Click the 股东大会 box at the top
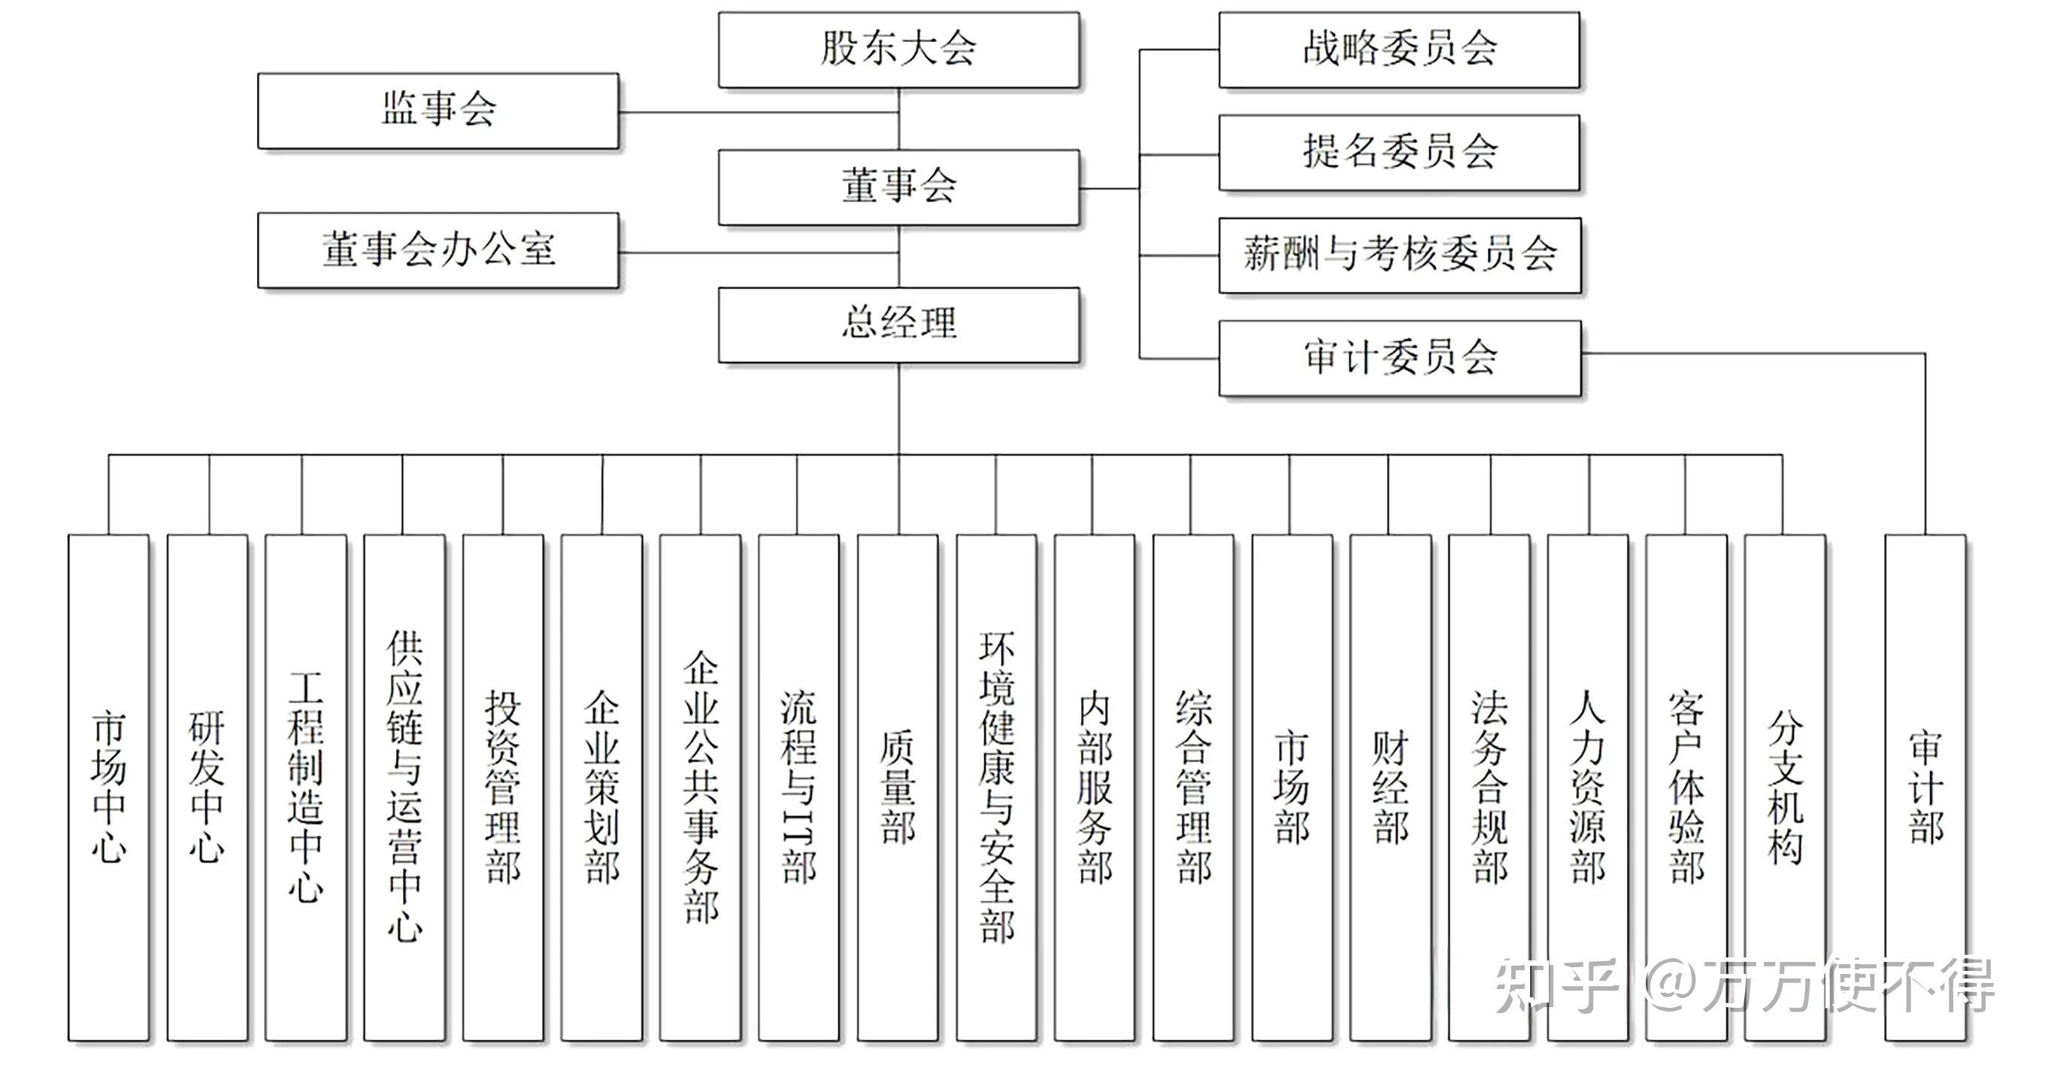(x=898, y=50)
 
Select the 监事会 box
(x=438, y=111)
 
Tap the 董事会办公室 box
(x=438, y=250)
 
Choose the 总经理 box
(x=898, y=324)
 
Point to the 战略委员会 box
(x=1398, y=50)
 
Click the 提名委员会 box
(x=1398, y=152)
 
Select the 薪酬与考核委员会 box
(x=1399, y=255)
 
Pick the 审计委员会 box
(x=1399, y=358)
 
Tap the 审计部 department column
(x=1925, y=787)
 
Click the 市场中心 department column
(x=108, y=787)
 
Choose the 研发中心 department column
(x=207, y=787)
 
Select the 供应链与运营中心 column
(x=404, y=787)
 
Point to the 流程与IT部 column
(x=798, y=787)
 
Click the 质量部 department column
(x=898, y=787)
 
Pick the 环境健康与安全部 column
(x=996, y=787)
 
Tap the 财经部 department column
(x=1389, y=787)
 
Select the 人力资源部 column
(x=1587, y=787)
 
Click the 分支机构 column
(x=1784, y=787)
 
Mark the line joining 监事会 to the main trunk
(x=759, y=112)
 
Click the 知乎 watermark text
(x=1554, y=986)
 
